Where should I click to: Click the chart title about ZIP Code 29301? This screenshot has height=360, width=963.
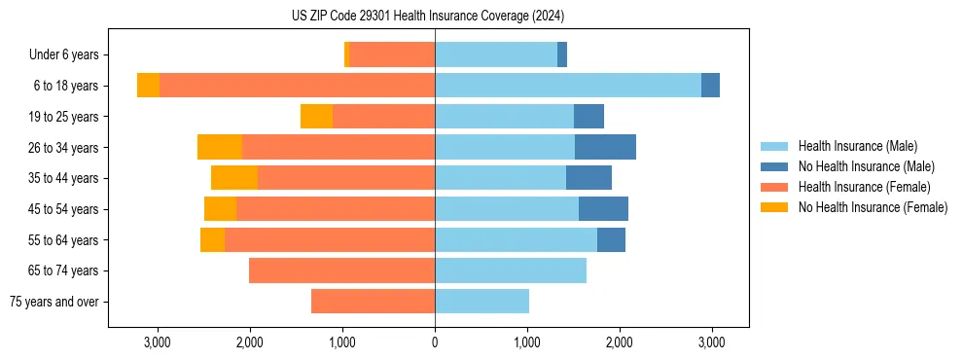click(x=427, y=16)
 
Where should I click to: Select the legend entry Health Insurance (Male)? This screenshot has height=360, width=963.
click(x=856, y=146)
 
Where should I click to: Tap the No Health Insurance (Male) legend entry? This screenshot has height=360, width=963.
click(x=866, y=166)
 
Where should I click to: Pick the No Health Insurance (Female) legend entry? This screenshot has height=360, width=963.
click(x=872, y=207)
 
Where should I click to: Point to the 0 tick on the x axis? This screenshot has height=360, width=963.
click(x=435, y=342)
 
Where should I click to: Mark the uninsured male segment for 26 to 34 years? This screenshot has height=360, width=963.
click(x=605, y=147)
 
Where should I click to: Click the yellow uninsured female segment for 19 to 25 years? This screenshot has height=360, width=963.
click(x=316, y=117)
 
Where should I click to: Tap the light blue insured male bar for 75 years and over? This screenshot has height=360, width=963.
click(x=481, y=302)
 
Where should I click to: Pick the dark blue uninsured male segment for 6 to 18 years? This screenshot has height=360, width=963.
click(x=710, y=86)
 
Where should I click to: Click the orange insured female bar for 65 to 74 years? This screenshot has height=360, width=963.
click(x=341, y=270)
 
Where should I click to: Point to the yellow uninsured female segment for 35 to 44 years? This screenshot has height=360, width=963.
click(x=234, y=178)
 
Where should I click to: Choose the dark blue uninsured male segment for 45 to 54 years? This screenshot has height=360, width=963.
click(x=603, y=209)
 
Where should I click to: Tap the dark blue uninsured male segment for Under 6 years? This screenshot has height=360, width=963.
click(x=562, y=54)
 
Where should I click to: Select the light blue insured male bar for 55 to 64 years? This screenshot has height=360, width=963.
click(x=516, y=239)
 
